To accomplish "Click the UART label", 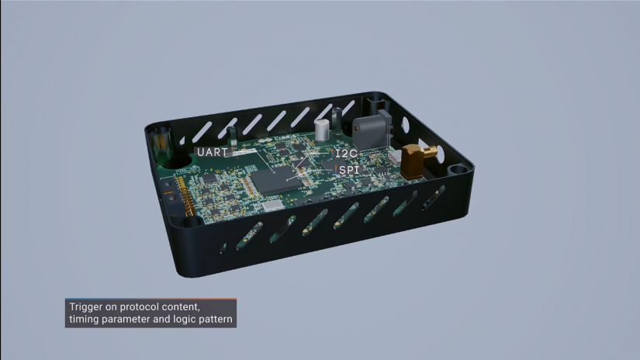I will click(x=211, y=152).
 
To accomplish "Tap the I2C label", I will click(x=346, y=154).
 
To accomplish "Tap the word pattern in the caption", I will click(x=215, y=319).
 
